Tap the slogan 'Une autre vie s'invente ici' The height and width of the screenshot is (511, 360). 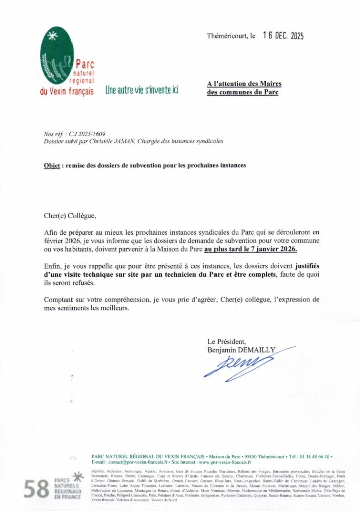pyautogui.click(x=141, y=91)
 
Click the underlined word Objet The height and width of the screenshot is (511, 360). pyautogui.click(x=52, y=166)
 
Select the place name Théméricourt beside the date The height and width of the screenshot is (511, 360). pyautogui.click(x=227, y=36)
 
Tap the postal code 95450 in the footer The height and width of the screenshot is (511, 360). pyautogui.click(x=237, y=456)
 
